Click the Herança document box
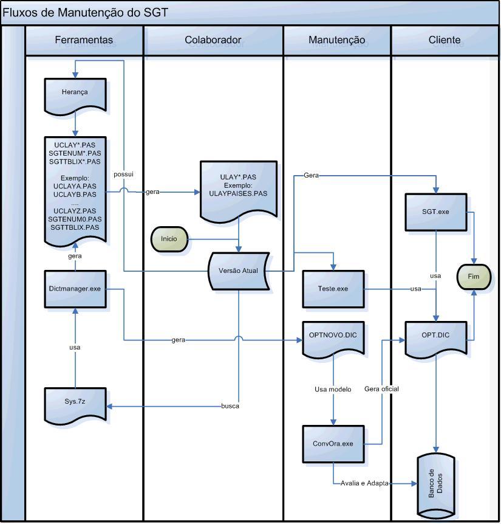pos(75,96)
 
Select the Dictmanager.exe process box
pos(75,289)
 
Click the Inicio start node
pos(169,240)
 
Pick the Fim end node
pos(474,277)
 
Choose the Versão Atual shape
pos(238,271)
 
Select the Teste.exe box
pos(333,289)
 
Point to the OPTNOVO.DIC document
pos(333,340)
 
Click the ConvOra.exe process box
pos(333,444)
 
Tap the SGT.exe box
pos(436,212)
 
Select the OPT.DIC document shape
pos(436,340)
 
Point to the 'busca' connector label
pos(230,406)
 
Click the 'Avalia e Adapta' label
pos(364,483)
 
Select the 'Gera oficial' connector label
pos(381,389)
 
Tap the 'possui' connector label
pos(123,174)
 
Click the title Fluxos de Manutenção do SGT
pos(85,13)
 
